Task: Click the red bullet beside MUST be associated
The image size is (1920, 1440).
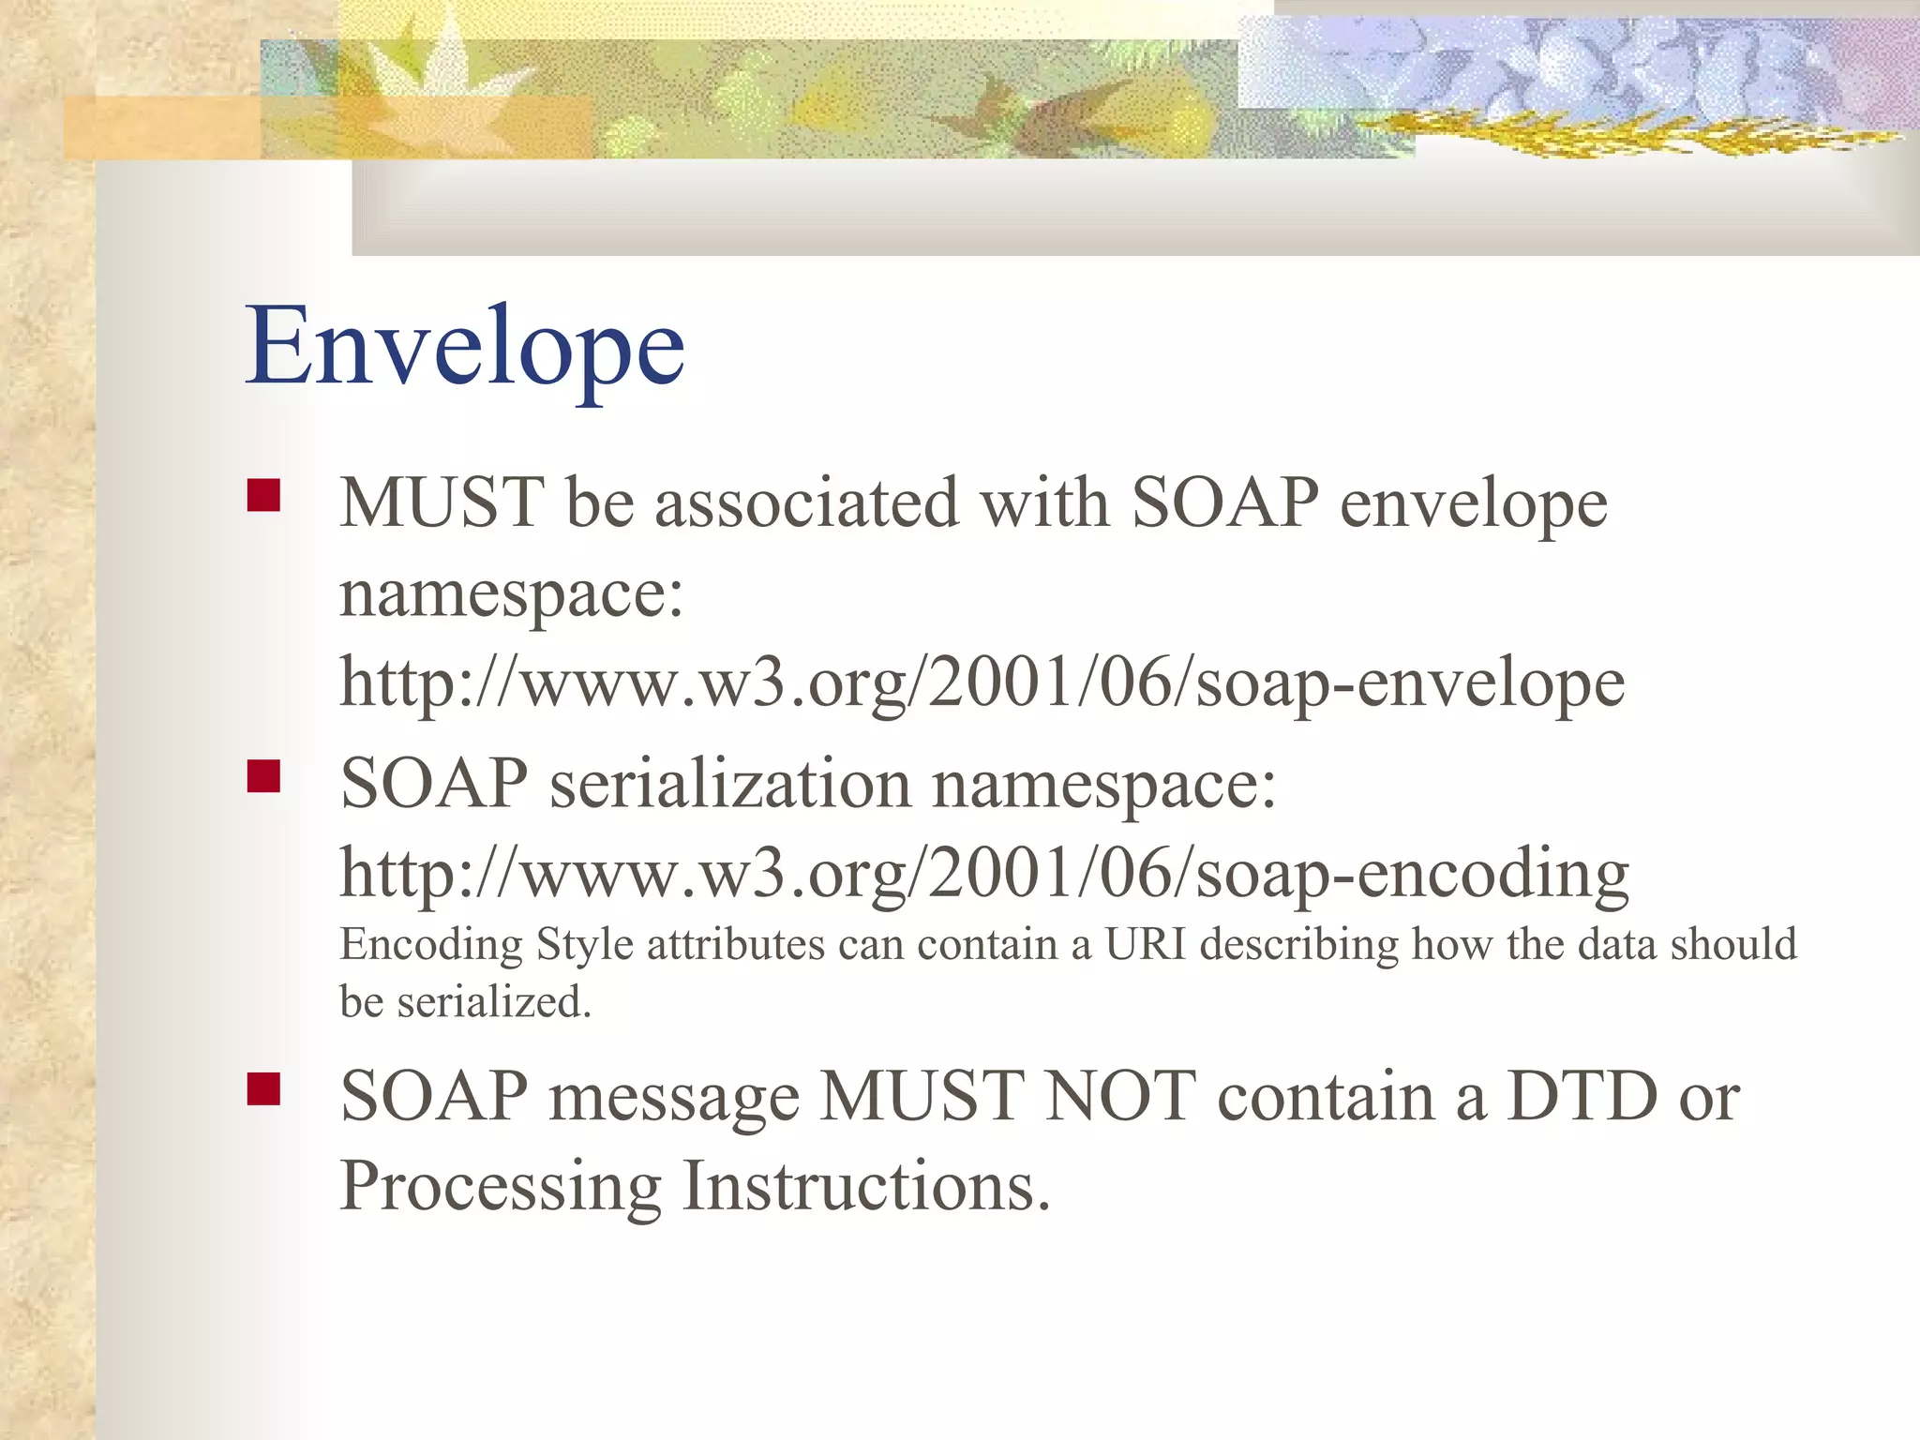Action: (x=264, y=495)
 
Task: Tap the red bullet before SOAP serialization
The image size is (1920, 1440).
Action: (x=264, y=776)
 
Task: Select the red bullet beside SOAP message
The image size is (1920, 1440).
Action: (x=264, y=1089)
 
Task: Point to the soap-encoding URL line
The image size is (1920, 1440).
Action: (x=983, y=874)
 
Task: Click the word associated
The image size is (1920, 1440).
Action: (x=806, y=503)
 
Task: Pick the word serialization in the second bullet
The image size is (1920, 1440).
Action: (x=729, y=784)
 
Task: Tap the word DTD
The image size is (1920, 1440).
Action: (x=1582, y=1096)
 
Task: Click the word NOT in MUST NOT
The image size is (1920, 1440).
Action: (x=1119, y=1096)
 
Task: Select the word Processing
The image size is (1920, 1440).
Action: (x=501, y=1188)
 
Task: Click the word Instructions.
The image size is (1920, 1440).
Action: (x=865, y=1186)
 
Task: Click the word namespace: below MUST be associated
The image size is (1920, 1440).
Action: (x=512, y=596)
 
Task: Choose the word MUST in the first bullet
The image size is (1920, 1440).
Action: (x=442, y=503)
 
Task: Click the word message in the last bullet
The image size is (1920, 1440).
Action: (x=674, y=1098)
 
